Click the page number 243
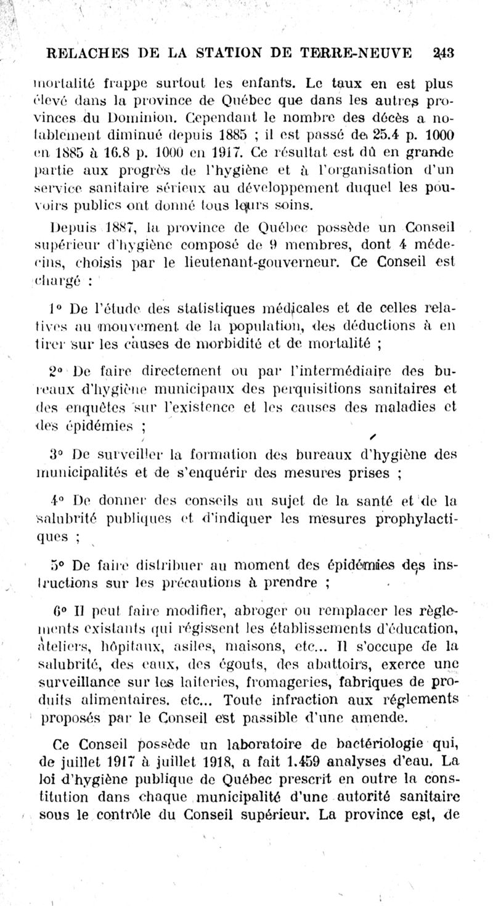pyautogui.click(x=442, y=53)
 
